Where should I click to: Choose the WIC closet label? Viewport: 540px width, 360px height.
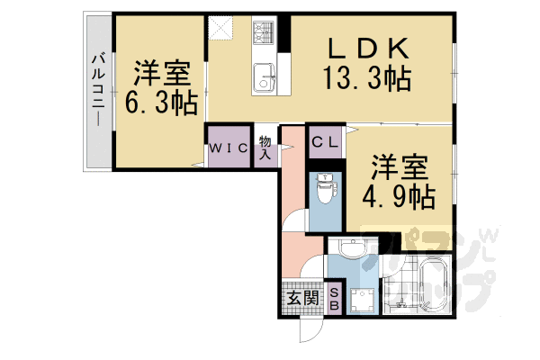click(x=229, y=148)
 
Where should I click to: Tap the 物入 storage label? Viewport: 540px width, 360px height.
click(x=265, y=147)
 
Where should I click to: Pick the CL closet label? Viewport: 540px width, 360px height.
click(x=325, y=141)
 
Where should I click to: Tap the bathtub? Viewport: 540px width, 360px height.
click(x=429, y=283)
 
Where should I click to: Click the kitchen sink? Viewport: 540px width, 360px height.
click(x=266, y=76)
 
